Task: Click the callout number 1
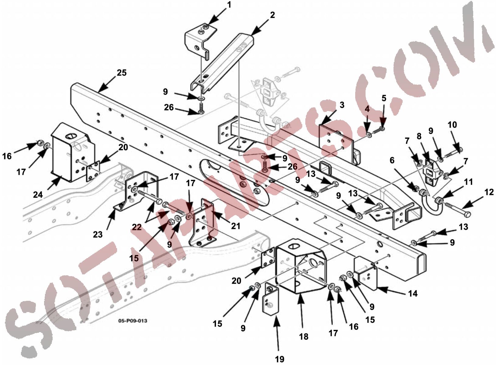(x=229, y=5)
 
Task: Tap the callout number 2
(x=272, y=15)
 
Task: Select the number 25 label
(x=122, y=73)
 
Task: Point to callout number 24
(x=38, y=195)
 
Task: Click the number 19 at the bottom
(x=280, y=359)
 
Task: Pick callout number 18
(x=303, y=336)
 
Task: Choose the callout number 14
(x=413, y=294)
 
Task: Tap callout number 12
(x=489, y=192)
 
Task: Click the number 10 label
(x=452, y=125)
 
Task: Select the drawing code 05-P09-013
(x=133, y=321)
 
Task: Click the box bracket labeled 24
(x=73, y=153)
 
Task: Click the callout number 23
(x=98, y=234)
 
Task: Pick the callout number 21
(x=236, y=226)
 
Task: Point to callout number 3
(x=342, y=105)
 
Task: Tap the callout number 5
(x=384, y=98)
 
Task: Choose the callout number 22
(x=137, y=227)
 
